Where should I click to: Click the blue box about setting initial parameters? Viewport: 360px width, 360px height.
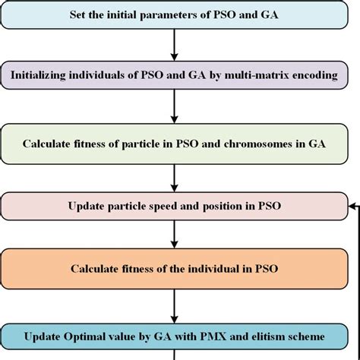(174, 14)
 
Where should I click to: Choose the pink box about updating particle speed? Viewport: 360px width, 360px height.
(174, 206)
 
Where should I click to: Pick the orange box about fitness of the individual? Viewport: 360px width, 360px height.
(174, 269)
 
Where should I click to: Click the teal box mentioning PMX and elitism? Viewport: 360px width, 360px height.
(174, 335)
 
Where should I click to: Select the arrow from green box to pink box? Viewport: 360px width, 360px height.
(175, 176)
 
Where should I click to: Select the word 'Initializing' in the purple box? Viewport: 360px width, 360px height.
(47, 75)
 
